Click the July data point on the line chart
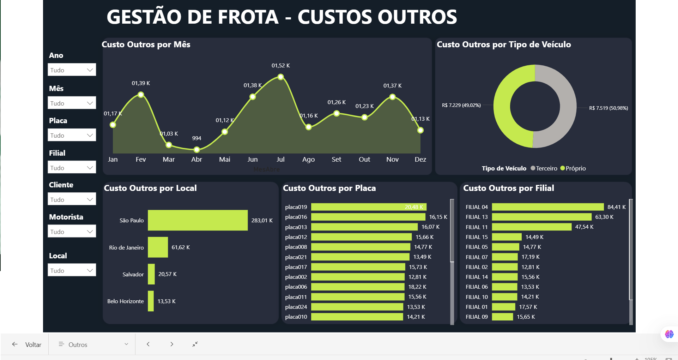click(x=280, y=77)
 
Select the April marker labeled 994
click(x=197, y=150)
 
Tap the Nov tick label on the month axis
click(x=392, y=160)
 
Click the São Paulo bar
click(x=198, y=220)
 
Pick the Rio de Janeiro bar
click(x=158, y=247)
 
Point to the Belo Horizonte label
click(x=126, y=301)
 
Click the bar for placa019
click(x=369, y=207)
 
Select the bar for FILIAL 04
click(x=547, y=207)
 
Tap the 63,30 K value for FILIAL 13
click(x=604, y=217)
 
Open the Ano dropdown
click(x=72, y=70)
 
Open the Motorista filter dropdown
click(x=72, y=232)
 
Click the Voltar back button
click(x=27, y=344)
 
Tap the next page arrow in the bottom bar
click(x=172, y=344)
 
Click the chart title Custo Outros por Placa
click(x=329, y=188)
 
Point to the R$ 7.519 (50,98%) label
click(x=609, y=108)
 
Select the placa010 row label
click(x=296, y=317)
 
